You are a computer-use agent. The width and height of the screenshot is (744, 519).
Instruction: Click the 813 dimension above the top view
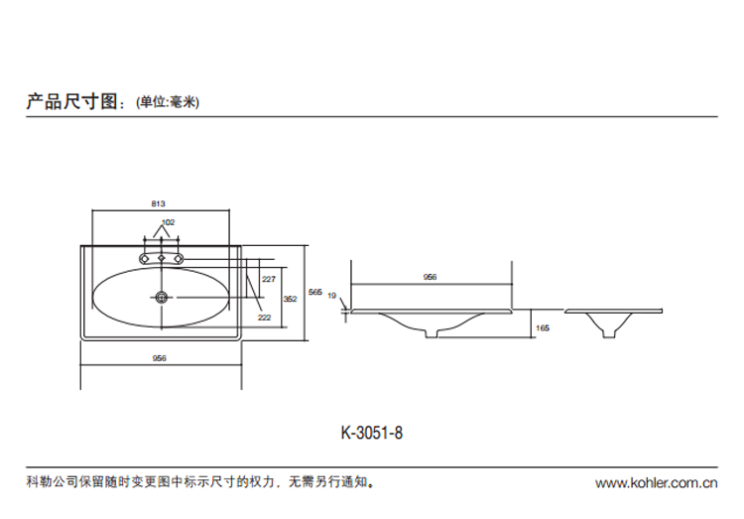pos(159,203)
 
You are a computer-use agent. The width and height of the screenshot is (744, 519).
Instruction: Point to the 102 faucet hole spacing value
pos(168,222)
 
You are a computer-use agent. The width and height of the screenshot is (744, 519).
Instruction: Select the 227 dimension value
pos(268,280)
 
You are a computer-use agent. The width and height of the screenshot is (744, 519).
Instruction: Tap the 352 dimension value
pos(291,298)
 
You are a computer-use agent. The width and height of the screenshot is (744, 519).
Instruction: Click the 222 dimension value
pos(265,318)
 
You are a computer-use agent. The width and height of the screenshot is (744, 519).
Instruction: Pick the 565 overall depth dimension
pos(314,292)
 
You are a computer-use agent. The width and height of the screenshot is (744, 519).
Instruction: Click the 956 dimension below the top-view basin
pos(160,357)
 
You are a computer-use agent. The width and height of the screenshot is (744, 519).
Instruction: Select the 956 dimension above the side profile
pos(431,278)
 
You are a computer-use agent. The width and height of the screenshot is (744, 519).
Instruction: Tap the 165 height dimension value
pos(542,327)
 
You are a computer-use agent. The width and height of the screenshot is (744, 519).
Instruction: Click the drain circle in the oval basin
pos(162,296)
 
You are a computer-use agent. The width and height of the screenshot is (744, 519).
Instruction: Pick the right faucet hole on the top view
pos(179,258)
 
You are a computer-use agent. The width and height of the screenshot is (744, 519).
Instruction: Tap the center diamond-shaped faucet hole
pos(162,258)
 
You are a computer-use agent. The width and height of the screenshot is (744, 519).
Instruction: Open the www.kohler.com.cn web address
pos(655,484)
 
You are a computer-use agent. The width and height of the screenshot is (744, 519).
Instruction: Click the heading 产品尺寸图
pos(72,101)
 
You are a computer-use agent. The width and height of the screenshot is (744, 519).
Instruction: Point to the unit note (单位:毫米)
pos(166,102)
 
